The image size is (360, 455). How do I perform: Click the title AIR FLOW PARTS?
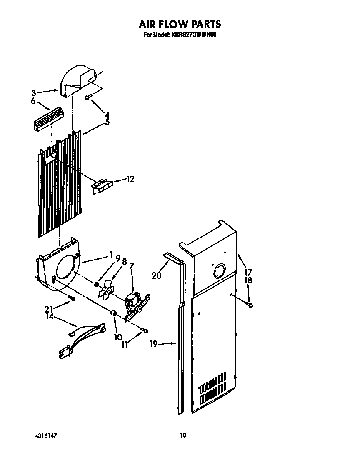pyautogui.click(x=180, y=24)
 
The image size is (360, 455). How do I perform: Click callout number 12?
pyautogui.click(x=130, y=179)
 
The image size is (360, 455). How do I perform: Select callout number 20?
pyautogui.click(x=156, y=275)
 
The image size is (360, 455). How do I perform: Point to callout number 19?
pyautogui.click(x=154, y=344)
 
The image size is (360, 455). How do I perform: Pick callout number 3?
pyautogui.click(x=34, y=93)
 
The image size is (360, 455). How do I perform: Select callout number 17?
pyautogui.click(x=249, y=273)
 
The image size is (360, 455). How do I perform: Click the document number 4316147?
pyautogui.click(x=45, y=435)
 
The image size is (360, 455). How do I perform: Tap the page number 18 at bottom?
pyautogui.click(x=182, y=435)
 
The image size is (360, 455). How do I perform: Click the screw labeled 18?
pyautogui.click(x=250, y=305)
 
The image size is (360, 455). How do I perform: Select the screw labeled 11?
pyautogui.click(x=144, y=330)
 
